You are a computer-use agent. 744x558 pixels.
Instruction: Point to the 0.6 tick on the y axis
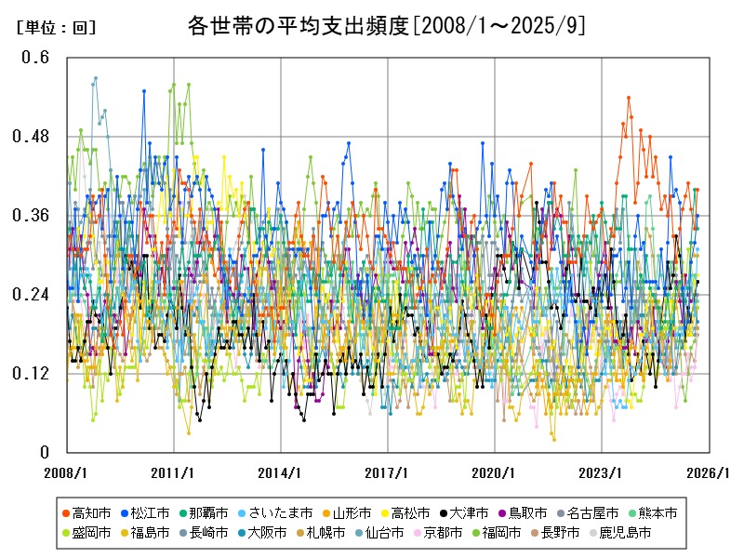point(36,58)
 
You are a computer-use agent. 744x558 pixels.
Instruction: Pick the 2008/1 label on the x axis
point(67,472)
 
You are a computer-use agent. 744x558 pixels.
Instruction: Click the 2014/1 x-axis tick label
point(281,472)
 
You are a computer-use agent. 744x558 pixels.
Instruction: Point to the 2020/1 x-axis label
point(495,472)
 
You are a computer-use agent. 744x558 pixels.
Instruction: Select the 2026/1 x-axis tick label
point(709,472)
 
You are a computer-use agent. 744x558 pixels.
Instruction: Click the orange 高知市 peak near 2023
point(629,98)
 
